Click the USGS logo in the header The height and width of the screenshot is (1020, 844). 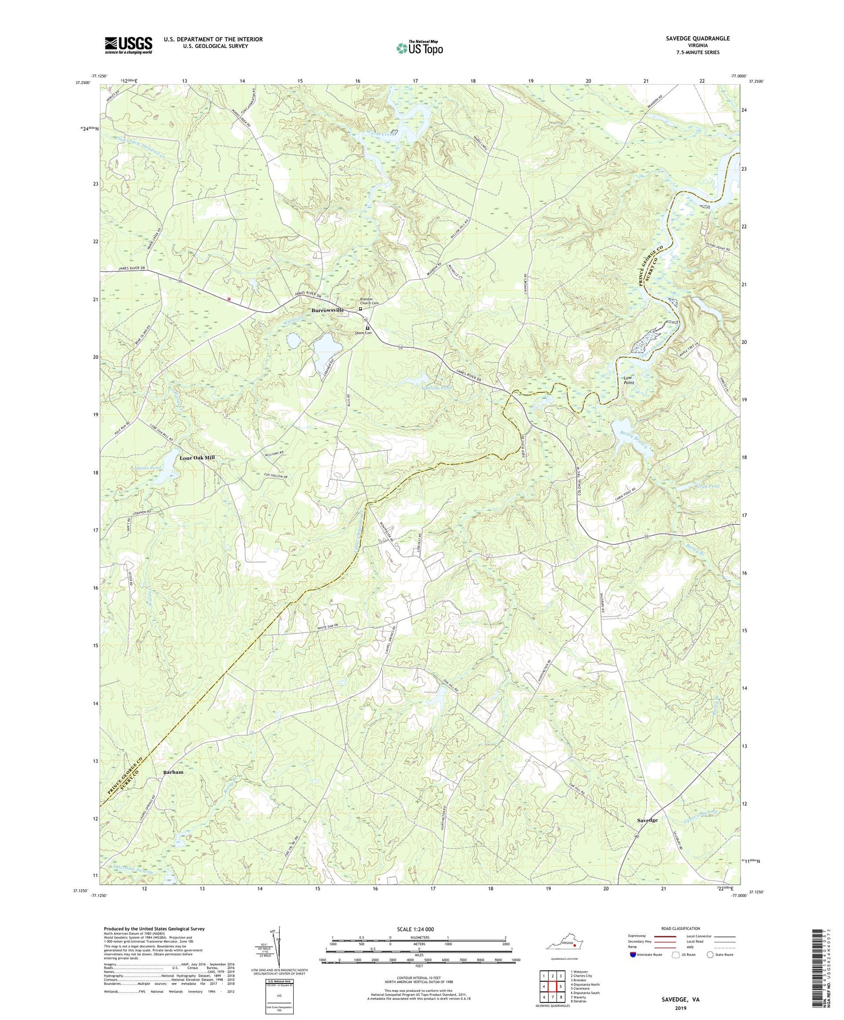pos(128,45)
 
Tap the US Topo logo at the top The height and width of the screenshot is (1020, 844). pos(419,48)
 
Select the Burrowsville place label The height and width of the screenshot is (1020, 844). pos(327,310)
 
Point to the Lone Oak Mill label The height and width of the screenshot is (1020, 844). pos(197,458)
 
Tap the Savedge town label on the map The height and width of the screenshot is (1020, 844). pos(647,820)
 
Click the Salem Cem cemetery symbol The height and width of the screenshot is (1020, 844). pos(367,327)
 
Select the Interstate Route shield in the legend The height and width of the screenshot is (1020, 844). pos(633,955)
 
